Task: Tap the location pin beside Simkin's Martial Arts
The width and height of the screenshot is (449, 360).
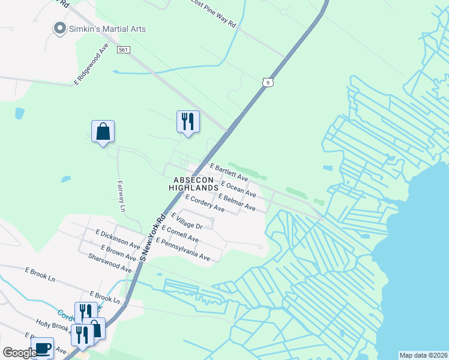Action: (59, 28)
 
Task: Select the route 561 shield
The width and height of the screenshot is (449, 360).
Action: (124, 50)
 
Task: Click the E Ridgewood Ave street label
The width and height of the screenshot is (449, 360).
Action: (91, 63)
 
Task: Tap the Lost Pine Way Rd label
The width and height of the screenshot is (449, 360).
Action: (214, 4)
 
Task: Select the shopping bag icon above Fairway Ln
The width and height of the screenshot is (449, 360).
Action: (103, 131)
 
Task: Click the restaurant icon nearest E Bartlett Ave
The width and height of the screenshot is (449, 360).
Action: (188, 122)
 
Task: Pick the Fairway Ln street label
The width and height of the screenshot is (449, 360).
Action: (121, 197)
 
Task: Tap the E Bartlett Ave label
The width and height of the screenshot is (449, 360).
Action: (228, 172)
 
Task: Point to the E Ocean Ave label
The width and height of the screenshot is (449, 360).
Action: (238, 189)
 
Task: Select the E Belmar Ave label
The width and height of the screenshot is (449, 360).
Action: (237, 202)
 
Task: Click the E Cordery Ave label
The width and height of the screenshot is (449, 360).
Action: (205, 204)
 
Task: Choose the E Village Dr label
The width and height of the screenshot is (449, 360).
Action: (187, 221)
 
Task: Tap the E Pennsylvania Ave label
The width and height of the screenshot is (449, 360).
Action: (182, 249)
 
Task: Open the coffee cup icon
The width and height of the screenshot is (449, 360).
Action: (42, 348)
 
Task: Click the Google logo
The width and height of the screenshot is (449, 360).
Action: (19, 353)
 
